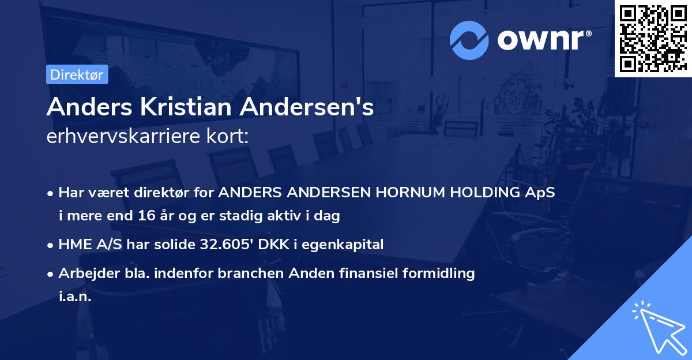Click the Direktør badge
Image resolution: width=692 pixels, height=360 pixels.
[x=77, y=74]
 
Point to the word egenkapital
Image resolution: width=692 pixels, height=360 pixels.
[x=347, y=244]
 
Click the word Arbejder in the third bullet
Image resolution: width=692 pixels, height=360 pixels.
[x=83, y=273]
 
